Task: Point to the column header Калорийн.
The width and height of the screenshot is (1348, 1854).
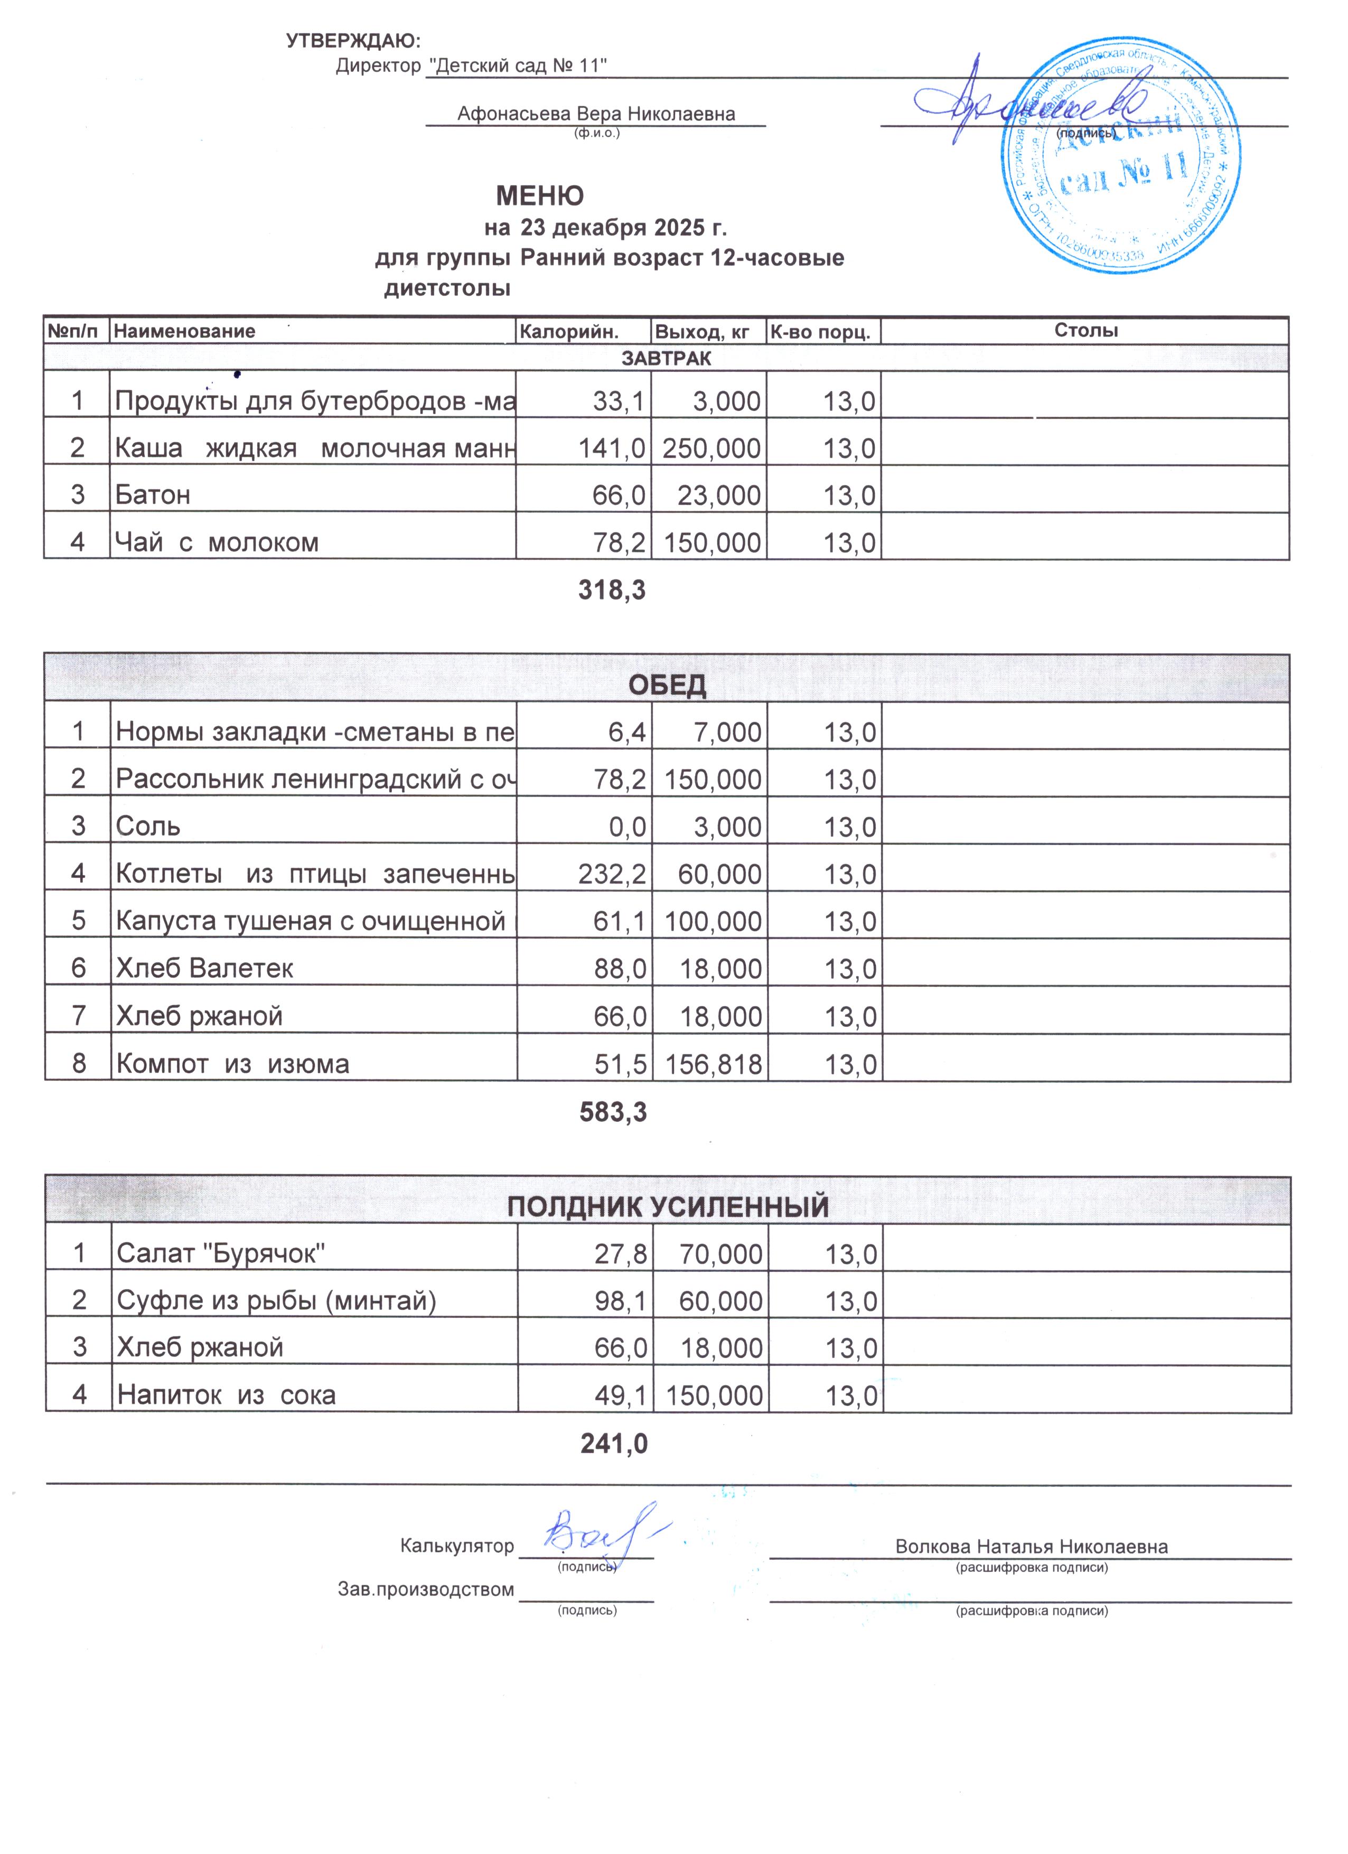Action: tap(569, 331)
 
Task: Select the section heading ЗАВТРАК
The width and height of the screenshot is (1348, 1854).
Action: tap(666, 358)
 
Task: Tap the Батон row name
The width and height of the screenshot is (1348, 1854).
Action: tap(153, 495)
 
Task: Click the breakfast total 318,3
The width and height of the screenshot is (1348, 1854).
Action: tap(612, 590)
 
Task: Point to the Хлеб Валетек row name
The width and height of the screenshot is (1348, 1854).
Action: tap(204, 969)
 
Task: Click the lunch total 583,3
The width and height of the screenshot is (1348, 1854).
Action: tap(613, 1112)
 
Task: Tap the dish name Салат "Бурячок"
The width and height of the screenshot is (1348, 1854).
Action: tap(221, 1253)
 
